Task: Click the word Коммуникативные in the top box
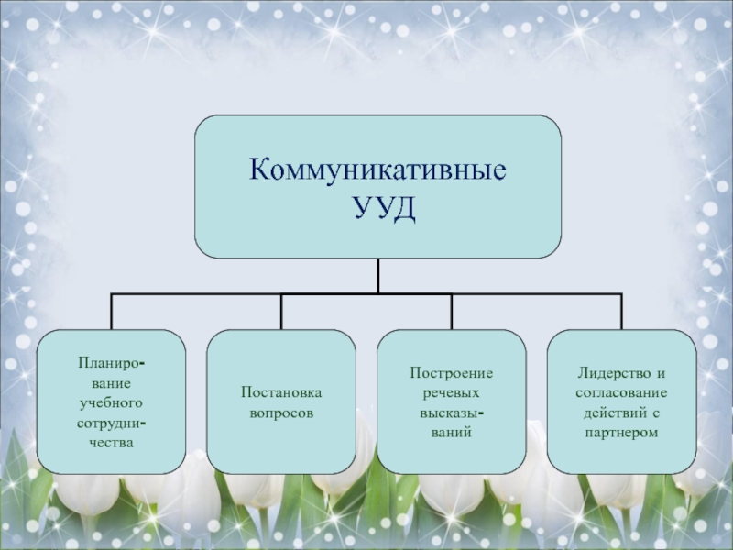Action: [377, 171]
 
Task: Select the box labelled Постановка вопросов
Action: [281, 401]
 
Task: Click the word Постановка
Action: [281, 393]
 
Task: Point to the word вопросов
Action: [281, 412]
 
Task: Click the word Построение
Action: [452, 373]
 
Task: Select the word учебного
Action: [111, 402]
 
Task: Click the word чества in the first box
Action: [111, 442]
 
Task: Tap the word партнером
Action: [621, 432]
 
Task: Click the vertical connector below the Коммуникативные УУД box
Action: [377, 275]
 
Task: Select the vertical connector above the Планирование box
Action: [112, 312]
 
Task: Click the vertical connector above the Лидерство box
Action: [621, 312]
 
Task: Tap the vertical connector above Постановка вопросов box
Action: [281, 312]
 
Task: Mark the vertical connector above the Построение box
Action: [452, 312]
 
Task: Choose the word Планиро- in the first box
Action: [111, 364]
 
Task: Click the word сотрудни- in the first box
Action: [111, 423]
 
